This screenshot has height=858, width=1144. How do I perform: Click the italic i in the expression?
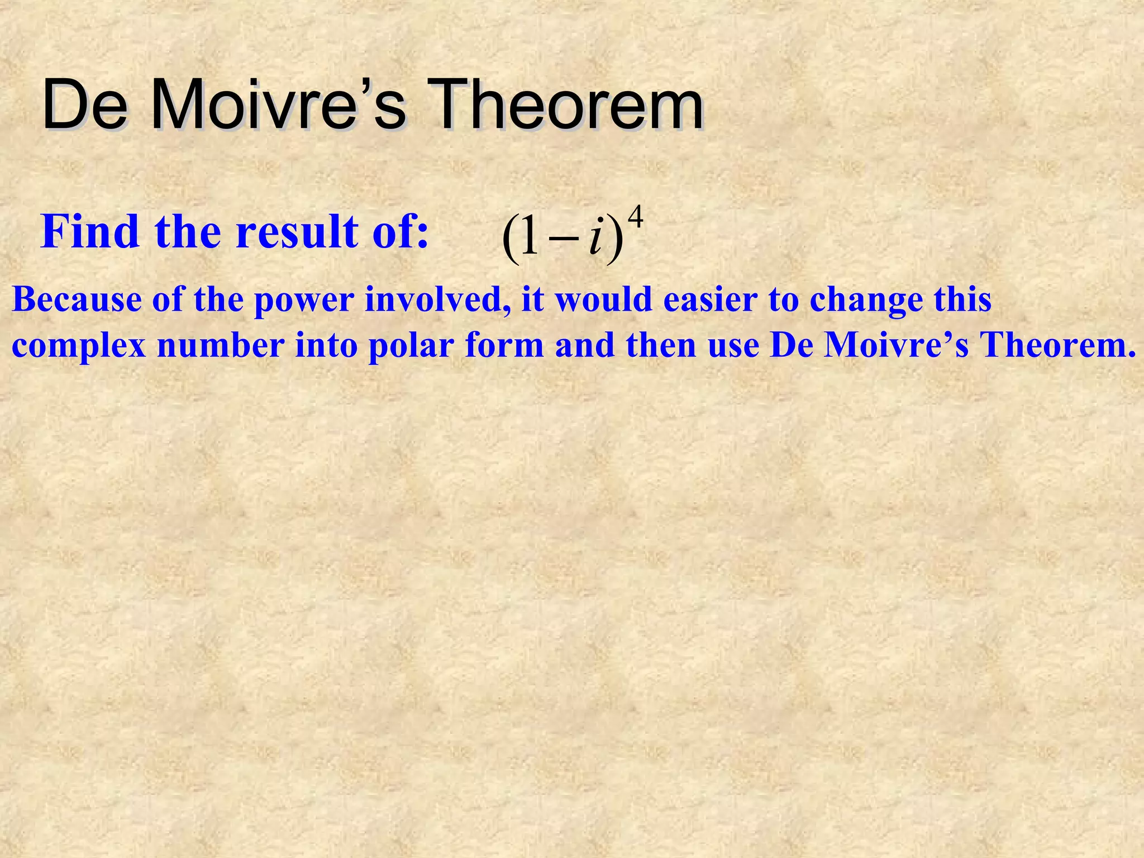[595, 241]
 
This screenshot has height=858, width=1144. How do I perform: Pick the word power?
[304, 301]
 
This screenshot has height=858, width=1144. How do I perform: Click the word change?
[866, 301]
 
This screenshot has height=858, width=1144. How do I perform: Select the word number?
[221, 345]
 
